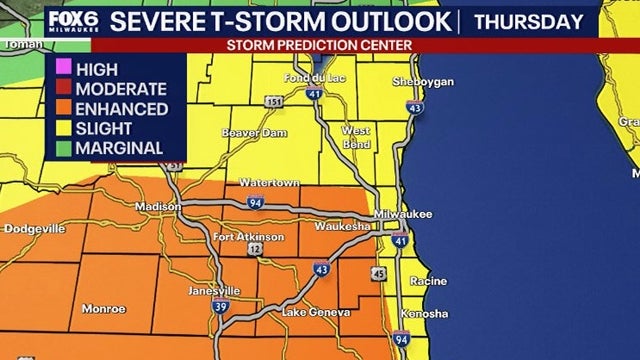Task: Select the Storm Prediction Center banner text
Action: [x=320, y=45]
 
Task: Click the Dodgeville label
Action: [x=34, y=228]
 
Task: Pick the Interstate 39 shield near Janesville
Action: [x=219, y=308]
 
